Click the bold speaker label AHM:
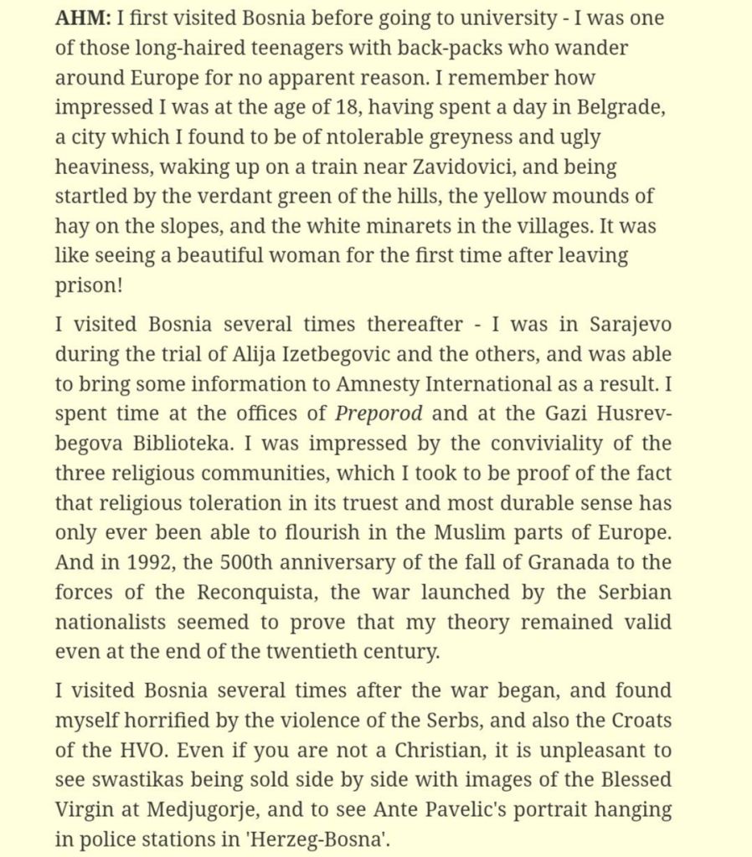point(83,18)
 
